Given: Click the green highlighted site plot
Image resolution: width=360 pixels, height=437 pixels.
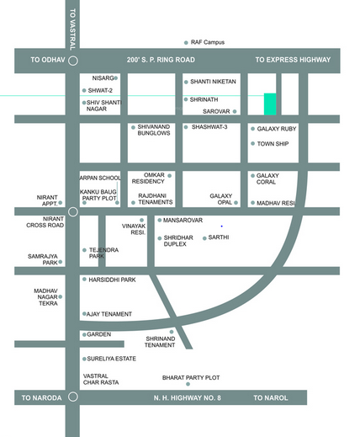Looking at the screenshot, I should click(270, 104).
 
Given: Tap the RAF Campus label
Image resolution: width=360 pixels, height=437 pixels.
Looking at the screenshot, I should click(210, 41).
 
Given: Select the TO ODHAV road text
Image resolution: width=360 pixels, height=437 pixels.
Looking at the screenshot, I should click(47, 60).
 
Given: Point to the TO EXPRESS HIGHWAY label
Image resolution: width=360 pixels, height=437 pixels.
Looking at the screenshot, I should click(293, 60).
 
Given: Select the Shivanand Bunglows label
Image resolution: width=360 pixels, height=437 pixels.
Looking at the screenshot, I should click(154, 131).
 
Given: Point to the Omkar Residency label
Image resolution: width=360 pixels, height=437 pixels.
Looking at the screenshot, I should click(148, 179).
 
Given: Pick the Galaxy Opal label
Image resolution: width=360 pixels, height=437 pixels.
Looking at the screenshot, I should click(221, 199).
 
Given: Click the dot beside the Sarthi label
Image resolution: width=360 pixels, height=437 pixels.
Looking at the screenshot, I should click(204, 238).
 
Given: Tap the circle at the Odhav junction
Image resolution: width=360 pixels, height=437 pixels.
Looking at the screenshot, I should click(73, 61).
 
